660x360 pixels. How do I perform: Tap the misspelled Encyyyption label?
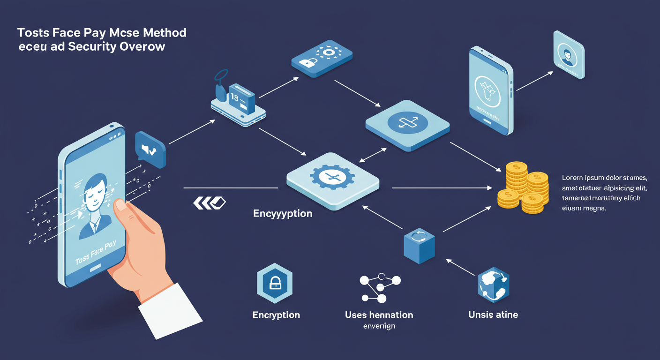click(x=283, y=213)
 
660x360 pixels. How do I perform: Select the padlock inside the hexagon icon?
click(x=275, y=283)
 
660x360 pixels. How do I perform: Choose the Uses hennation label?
click(x=379, y=315)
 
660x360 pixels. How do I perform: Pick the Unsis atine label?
click(x=493, y=315)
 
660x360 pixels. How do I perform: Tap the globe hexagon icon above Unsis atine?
click(x=493, y=285)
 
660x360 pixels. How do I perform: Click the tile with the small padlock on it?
click(x=322, y=59)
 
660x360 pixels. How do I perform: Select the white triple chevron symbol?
click(x=209, y=202)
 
